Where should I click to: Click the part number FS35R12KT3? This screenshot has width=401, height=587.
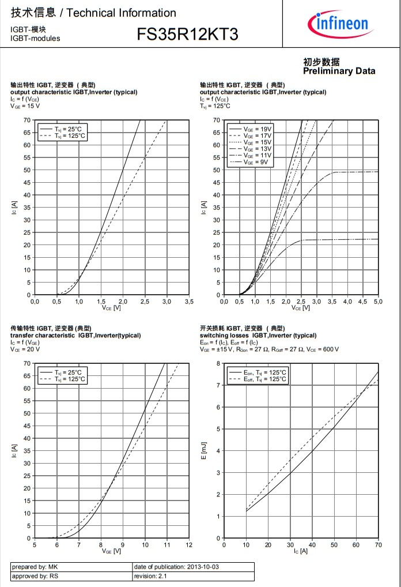point(187,35)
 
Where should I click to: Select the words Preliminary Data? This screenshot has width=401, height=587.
point(339,71)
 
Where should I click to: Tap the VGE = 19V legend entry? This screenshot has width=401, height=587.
point(256,128)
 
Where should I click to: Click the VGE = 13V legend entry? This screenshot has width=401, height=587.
point(256,149)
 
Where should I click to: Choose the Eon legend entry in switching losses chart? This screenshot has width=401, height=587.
point(265,372)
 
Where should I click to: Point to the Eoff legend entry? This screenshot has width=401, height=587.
point(265,379)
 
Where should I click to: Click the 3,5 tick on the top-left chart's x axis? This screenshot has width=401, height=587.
point(188,302)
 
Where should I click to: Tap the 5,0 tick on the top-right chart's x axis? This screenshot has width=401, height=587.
point(378,302)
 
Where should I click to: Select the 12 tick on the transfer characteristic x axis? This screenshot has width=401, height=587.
point(189,545)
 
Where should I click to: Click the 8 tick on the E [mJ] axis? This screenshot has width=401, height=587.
point(218,363)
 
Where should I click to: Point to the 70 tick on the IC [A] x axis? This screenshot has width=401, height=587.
point(378,545)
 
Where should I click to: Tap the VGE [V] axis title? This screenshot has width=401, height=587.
point(111,551)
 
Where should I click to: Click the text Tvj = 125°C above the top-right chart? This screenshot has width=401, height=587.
point(215,106)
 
